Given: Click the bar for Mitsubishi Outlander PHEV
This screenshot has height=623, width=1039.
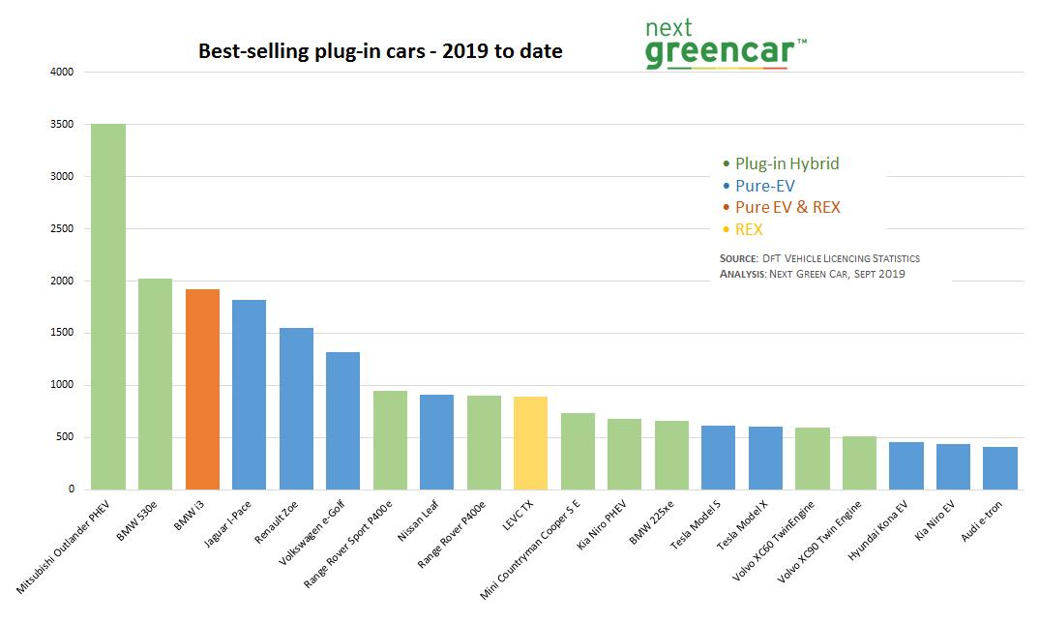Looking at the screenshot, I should (x=108, y=307).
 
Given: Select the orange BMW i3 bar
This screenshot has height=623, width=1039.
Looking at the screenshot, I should (x=202, y=389).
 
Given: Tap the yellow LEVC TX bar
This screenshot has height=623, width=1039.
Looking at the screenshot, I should (x=530, y=443).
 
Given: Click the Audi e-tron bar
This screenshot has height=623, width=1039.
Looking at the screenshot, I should (x=999, y=468).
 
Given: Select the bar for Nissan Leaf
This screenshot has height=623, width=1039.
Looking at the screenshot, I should (x=436, y=442).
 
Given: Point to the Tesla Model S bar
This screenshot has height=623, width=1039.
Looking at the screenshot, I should (x=718, y=458).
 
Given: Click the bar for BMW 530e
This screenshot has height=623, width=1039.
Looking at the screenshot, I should (x=156, y=384).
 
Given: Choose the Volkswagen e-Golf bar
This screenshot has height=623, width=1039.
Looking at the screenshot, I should (x=342, y=421).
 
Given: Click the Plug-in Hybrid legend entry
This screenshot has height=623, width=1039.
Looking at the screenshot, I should (x=787, y=163).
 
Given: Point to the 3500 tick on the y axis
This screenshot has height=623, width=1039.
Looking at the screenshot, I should (x=61, y=125).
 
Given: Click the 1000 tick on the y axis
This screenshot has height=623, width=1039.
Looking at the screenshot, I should (x=61, y=386).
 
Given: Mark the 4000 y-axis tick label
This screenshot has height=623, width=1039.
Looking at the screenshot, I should (x=61, y=73).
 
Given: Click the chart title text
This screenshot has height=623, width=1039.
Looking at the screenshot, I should (x=380, y=51).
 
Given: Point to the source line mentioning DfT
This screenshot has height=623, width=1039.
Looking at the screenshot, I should (x=819, y=259).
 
